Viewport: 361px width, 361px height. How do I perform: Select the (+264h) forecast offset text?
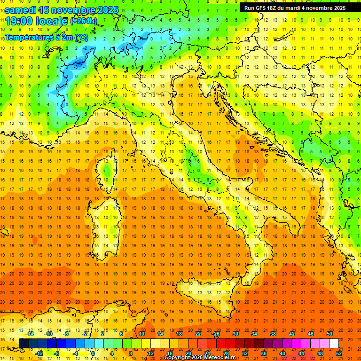click(84, 21)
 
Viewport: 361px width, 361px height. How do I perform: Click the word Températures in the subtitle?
click(28, 37)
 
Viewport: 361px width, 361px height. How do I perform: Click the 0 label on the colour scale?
click(93, 353)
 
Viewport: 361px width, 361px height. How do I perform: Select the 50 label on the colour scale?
click(330, 334)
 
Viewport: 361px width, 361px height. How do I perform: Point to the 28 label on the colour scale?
click(226, 353)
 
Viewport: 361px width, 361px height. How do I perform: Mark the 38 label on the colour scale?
click(273, 334)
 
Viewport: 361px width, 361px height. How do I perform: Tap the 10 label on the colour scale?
click(141, 334)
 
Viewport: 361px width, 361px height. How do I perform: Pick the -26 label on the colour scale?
click(216, 334)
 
